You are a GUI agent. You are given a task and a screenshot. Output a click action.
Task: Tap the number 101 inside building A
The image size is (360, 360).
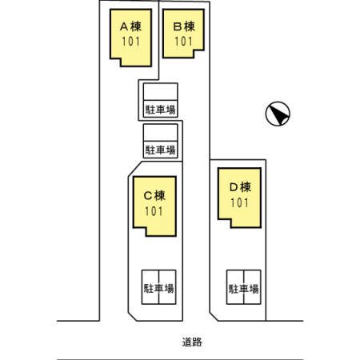click(133, 41)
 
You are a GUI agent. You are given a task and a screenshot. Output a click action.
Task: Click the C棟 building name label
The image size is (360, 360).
click(154, 195)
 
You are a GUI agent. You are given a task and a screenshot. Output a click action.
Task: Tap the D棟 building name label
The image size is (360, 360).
click(239, 187)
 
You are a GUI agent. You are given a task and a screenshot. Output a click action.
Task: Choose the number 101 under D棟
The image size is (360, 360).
click(239, 202)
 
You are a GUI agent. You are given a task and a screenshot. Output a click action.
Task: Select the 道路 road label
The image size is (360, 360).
click(191, 342)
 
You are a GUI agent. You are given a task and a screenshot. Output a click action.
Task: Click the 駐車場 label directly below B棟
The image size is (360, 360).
click(160, 108)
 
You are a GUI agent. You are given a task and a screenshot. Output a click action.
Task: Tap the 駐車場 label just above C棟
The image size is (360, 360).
click(160, 149)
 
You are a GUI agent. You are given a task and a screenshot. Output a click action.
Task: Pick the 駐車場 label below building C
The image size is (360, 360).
click(158, 287)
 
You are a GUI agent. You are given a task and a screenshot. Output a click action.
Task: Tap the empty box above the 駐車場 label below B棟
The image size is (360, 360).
click(160, 90)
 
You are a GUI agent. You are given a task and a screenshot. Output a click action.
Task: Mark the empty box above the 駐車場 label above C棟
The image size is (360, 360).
click(160, 132)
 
